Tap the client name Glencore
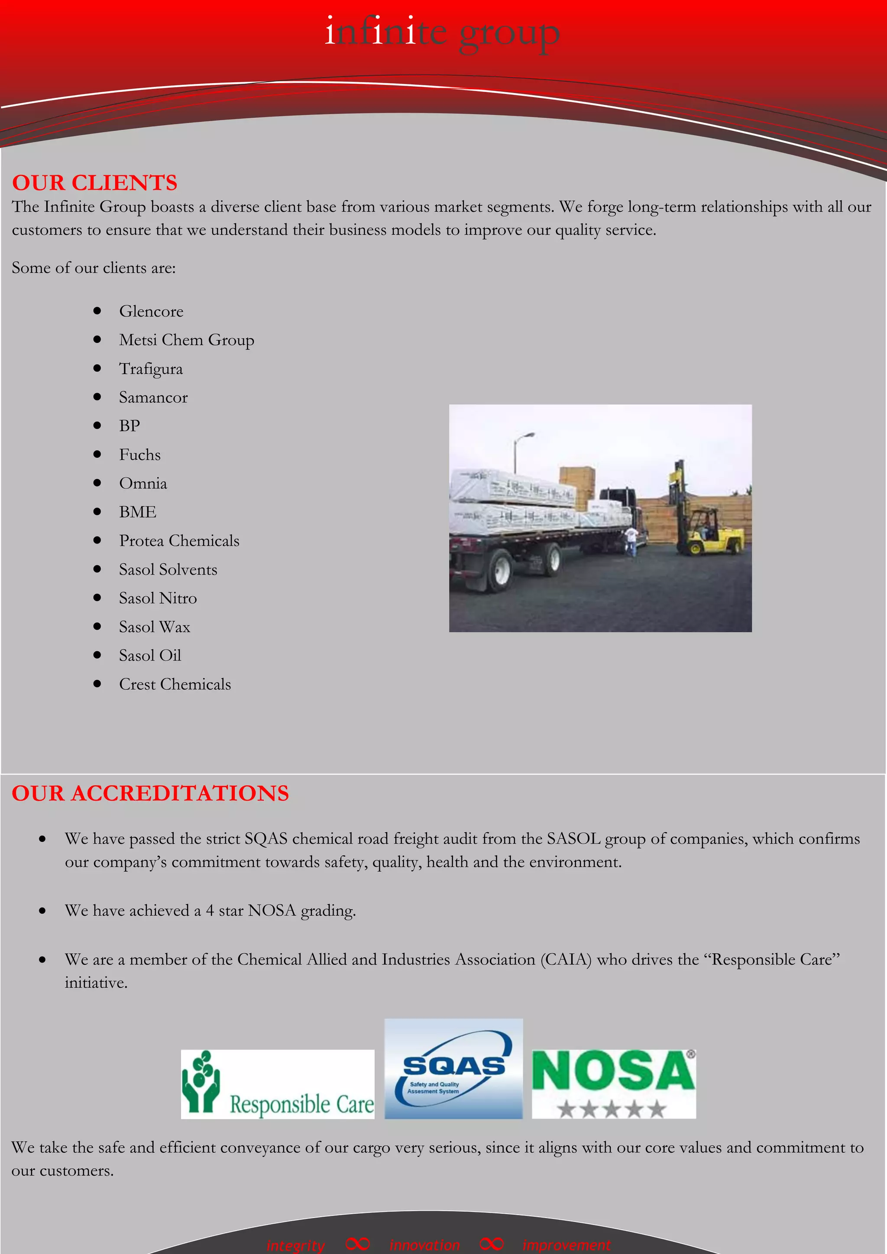[x=151, y=311]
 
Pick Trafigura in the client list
[x=151, y=369]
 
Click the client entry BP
[x=129, y=426]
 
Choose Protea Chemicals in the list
[x=179, y=541]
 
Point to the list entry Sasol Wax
[x=155, y=627]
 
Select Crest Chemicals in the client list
[x=175, y=684]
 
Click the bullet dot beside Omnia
[x=97, y=483]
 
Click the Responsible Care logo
[x=278, y=1084]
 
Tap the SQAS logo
[x=453, y=1069]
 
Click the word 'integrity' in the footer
[x=295, y=1245]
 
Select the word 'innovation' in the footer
[x=424, y=1245]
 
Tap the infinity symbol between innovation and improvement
[x=491, y=1244]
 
